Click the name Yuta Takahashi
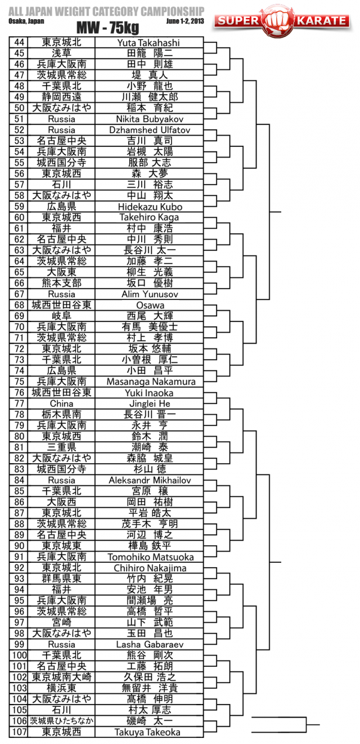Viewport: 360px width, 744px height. click(x=148, y=42)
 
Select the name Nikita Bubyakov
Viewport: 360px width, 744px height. click(x=148, y=119)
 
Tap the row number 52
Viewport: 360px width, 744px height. click(x=20, y=130)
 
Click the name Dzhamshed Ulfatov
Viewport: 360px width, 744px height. click(x=148, y=130)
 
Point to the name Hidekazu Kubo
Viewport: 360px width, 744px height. click(x=148, y=207)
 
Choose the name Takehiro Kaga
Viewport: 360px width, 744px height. click(x=148, y=217)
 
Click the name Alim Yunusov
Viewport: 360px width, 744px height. click(x=148, y=294)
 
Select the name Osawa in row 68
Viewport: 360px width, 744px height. click(x=148, y=305)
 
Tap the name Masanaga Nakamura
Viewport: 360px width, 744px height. click(x=148, y=382)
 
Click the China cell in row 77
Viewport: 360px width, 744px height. click(x=61, y=404)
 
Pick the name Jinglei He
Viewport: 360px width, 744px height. click(x=148, y=404)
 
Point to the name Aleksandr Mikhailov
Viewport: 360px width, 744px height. click(x=148, y=480)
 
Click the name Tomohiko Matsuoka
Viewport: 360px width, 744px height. click(x=148, y=557)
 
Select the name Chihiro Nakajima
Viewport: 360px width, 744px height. click(x=148, y=568)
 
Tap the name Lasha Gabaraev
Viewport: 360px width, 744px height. click(x=148, y=644)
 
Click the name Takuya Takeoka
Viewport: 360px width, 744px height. click(x=148, y=732)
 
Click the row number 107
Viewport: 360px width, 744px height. click(x=20, y=732)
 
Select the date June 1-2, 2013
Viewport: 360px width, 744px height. click(x=186, y=21)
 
